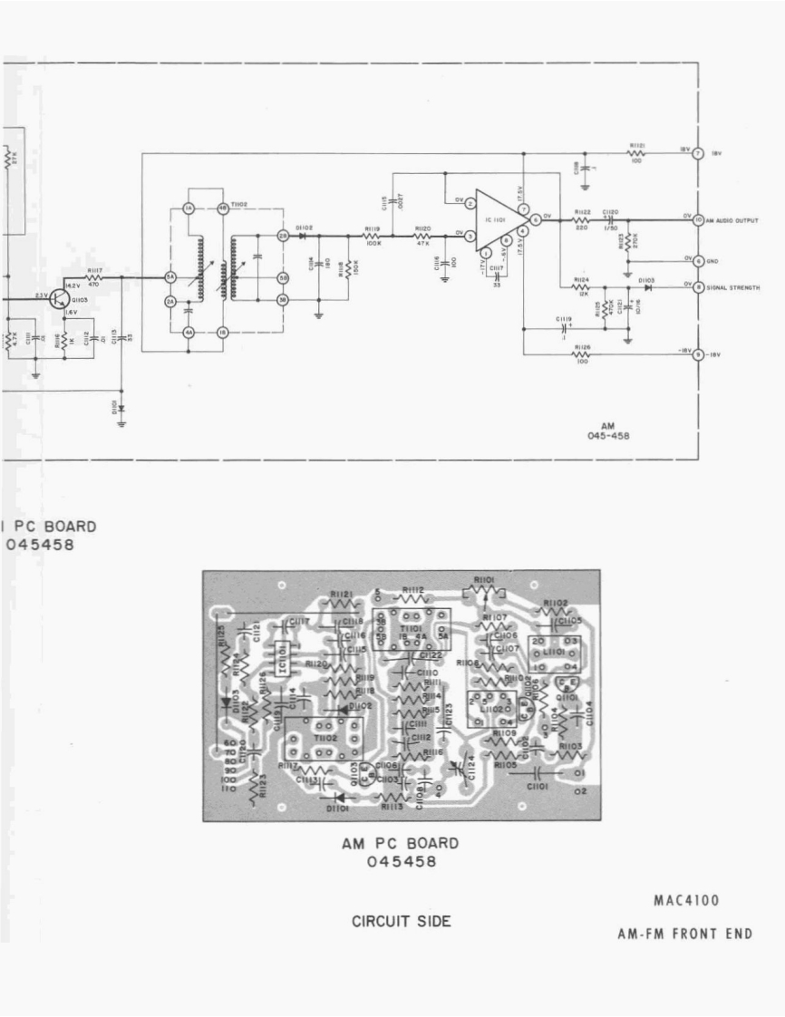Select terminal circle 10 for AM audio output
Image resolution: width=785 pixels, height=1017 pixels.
698,220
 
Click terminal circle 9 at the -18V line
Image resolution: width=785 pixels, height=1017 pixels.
698,355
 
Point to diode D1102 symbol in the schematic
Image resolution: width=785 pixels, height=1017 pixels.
302,236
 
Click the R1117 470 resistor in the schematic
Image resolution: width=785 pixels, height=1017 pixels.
93,278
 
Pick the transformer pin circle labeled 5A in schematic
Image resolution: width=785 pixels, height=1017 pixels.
170,277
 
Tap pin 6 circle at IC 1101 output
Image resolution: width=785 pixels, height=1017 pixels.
537,219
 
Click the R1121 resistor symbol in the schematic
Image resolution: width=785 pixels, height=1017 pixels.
636,154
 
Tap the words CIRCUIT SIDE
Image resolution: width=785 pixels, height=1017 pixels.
401,922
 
